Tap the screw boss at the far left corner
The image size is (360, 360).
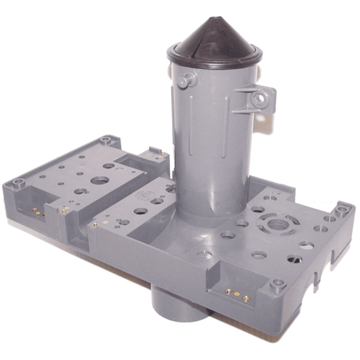click(x=18, y=183)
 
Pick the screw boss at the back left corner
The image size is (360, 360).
click(x=106, y=140)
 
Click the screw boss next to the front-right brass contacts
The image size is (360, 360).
click(x=278, y=284)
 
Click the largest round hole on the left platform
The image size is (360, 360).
click(x=99, y=180)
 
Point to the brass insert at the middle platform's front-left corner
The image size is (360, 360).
click(x=94, y=224)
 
